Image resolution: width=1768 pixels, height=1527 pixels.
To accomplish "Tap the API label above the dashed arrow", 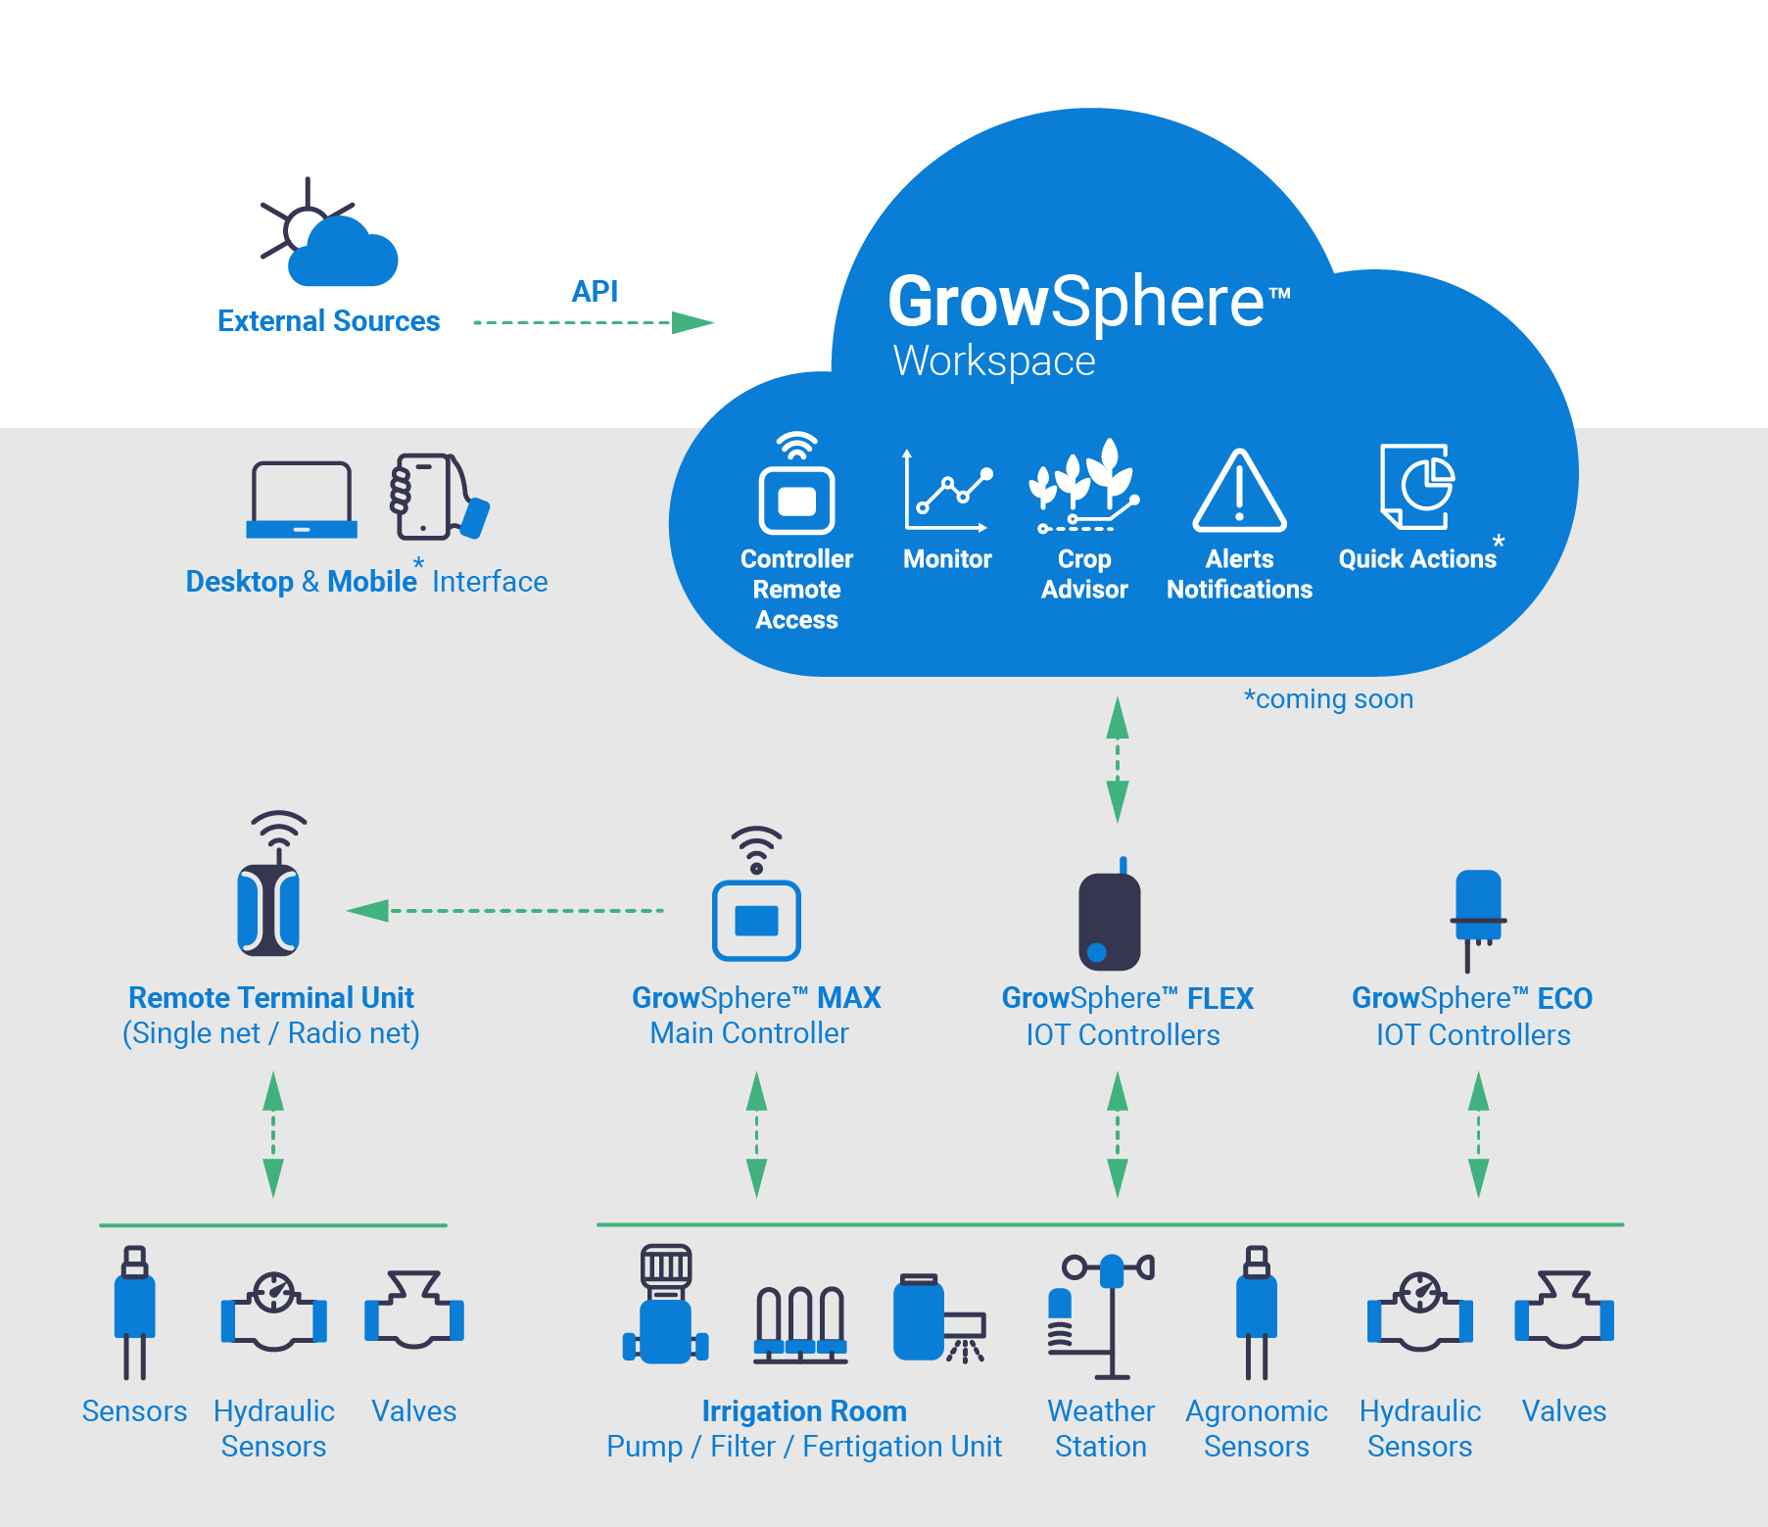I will (595, 291).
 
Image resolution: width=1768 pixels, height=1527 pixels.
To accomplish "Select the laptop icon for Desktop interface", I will (302, 500).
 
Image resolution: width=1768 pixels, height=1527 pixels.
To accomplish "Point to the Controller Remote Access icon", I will (796, 484).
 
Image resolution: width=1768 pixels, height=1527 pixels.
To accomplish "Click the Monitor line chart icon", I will (947, 490).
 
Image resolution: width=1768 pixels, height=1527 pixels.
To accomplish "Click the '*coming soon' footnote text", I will (1328, 699).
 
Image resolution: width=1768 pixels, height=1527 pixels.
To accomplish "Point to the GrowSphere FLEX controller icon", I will (1110, 917).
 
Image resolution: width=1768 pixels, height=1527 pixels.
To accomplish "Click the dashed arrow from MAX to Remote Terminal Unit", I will (505, 911).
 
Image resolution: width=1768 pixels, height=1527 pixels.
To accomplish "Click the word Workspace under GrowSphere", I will (994, 361).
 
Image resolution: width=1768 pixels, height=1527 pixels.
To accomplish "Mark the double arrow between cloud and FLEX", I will (1118, 759).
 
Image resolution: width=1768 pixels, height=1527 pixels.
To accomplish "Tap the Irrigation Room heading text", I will (804, 1411).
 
